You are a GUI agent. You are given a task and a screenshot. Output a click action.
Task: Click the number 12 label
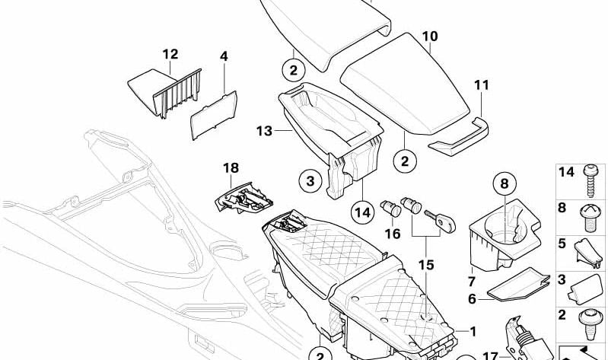[x=170, y=54]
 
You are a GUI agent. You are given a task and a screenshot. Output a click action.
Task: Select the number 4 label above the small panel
[x=224, y=56]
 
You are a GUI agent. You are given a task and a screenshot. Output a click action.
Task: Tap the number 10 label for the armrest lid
[x=430, y=36]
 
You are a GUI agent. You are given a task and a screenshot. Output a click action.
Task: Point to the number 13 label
[x=263, y=132]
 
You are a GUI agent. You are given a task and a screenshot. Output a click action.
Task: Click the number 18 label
[x=231, y=168]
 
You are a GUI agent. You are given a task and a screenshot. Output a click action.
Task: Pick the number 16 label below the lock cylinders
[x=392, y=234]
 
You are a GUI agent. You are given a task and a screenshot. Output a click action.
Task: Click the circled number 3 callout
[x=310, y=181]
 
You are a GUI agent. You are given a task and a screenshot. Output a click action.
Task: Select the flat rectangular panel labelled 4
[x=212, y=114]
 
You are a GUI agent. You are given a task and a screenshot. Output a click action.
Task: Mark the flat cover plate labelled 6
[x=518, y=285]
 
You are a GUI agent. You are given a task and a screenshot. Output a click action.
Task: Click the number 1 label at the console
[x=473, y=331]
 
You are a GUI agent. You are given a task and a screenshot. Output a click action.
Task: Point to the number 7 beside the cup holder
[x=471, y=272]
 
